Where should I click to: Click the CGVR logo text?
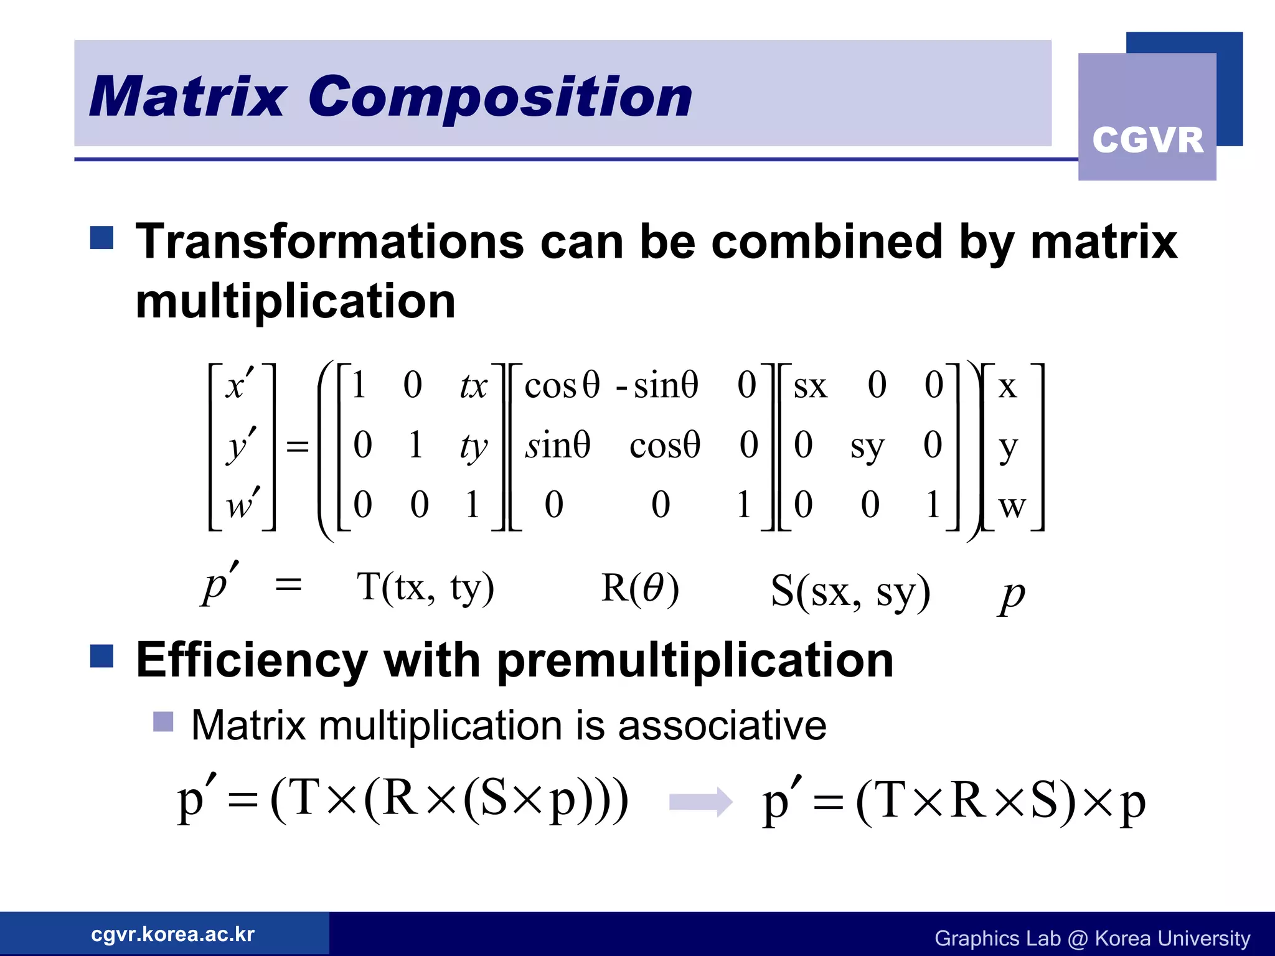tap(1147, 139)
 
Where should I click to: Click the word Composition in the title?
tap(500, 96)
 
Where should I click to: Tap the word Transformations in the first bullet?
tap(330, 241)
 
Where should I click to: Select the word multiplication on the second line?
tap(296, 301)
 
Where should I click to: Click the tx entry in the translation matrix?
tap(473, 386)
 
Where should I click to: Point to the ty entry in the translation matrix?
tap(473, 446)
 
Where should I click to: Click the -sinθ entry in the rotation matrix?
tap(657, 385)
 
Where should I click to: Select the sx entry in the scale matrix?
tap(810, 387)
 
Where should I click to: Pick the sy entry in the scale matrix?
tap(867, 446)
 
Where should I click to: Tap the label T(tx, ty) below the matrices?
tap(425, 587)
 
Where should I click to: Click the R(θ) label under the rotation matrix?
tap(640, 588)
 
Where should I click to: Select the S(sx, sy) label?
tap(850, 591)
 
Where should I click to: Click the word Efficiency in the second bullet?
tap(252, 660)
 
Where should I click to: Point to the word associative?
tap(722, 726)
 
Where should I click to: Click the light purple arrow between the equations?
tap(700, 802)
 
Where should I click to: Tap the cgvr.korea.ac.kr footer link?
tap(172, 934)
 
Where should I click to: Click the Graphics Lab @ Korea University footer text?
tap(1092, 938)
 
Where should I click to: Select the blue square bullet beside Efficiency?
tap(101, 656)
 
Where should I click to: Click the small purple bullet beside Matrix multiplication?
tap(163, 722)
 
